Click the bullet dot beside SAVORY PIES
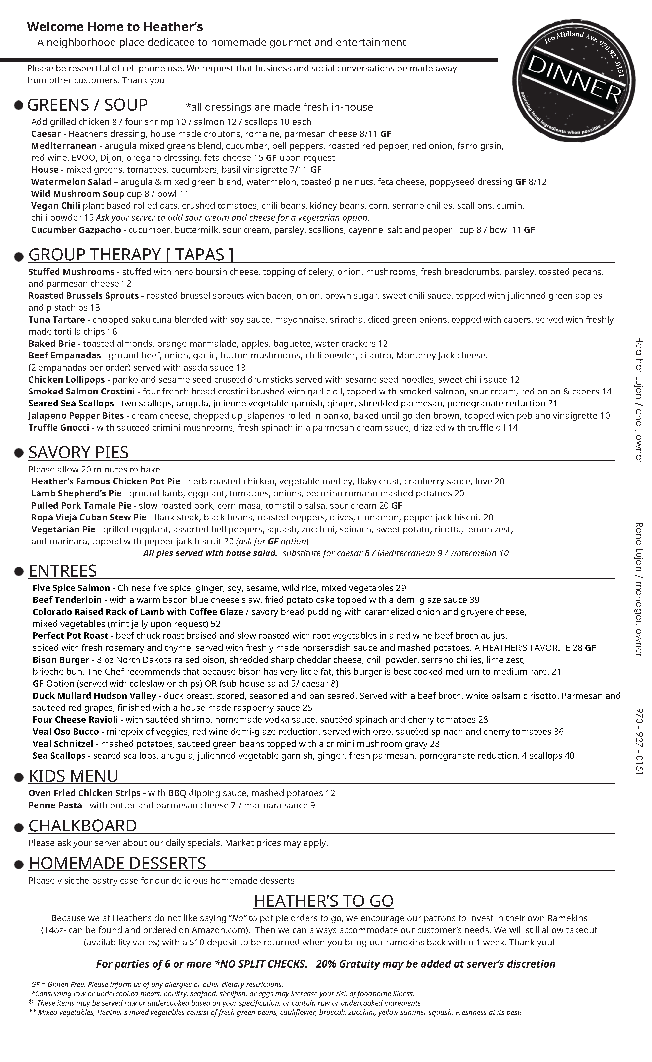pyautogui.click(x=19, y=453)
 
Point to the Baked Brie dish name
pyautogui.click(x=52, y=344)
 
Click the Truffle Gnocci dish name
pyautogui.click(x=59, y=428)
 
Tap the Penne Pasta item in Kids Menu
pyautogui.click(x=55, y=805)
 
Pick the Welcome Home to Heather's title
pyautogui.click(x=115, y=27)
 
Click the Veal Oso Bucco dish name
pyautogui.click(x=66, y=732)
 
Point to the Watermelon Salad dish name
pyautogui.click(x=71, y=182)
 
